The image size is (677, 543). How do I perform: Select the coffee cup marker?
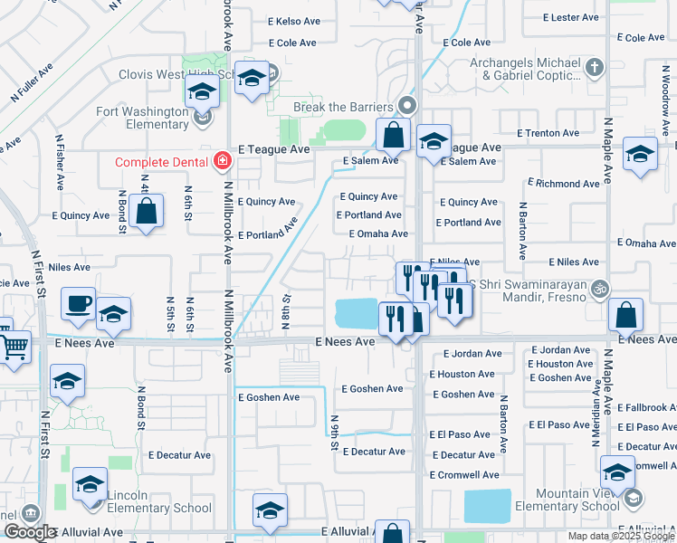[79, 303]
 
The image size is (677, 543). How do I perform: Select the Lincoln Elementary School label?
[158, 501]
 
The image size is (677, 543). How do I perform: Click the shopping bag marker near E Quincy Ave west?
[146, 213]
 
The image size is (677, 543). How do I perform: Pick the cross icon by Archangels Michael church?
[594, 67]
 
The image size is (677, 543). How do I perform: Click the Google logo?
[29, 532]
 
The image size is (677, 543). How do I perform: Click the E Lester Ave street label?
[570, 17]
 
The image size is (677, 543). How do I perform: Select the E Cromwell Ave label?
[464, 474]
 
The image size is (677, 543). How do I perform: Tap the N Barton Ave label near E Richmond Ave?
[522, 230]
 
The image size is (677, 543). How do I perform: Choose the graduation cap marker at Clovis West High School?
[253, 79]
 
